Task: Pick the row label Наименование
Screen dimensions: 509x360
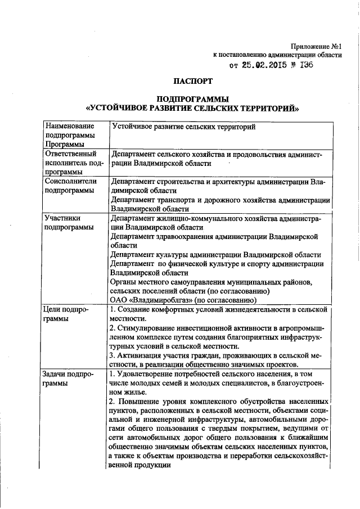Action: click(70, 127)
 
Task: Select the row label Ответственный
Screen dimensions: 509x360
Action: click(70, 154)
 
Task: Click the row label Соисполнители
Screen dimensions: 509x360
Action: click(71, 181)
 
